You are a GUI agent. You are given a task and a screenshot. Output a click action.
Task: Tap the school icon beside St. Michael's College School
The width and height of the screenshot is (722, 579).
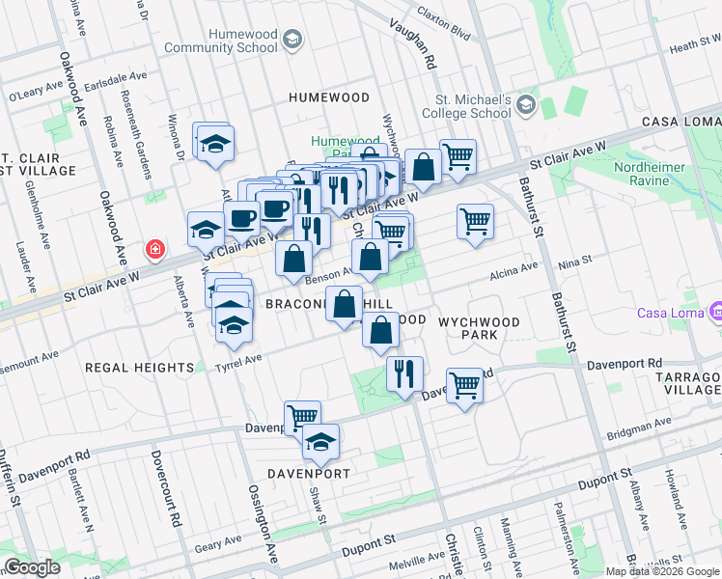pos(526,104)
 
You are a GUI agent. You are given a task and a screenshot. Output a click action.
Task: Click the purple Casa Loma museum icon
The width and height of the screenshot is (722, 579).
pos(714,313)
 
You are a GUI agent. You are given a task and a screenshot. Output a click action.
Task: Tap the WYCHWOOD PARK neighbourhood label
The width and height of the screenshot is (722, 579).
pos(480,328)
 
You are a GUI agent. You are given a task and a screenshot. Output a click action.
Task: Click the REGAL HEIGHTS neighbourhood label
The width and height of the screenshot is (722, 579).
pos(139,368)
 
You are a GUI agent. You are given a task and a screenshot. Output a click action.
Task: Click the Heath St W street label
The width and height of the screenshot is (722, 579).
pos(695,46)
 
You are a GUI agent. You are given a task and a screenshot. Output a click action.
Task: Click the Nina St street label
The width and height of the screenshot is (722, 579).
pos(573,260)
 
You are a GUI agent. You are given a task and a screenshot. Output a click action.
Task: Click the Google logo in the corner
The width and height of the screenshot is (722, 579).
pos(32,567)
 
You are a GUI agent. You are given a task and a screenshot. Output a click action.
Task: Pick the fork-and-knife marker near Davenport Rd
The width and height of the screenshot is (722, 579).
pos(404,372)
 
